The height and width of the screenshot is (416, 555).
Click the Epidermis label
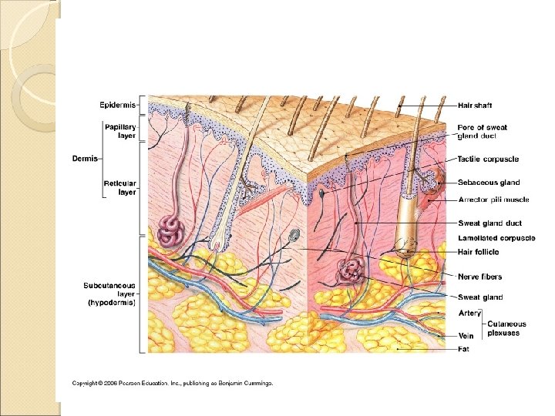(x=117, y=105)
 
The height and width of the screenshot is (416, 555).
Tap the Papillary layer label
(x=120, y=130)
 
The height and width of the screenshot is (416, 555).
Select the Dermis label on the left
(x=85, y=159)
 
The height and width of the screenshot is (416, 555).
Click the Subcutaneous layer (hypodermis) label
(x=109, y=294)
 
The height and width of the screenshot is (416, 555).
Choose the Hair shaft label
(x=475, y=105)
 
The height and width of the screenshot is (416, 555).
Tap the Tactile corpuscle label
(x=488, y=159)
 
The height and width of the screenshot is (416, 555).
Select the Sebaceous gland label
(x=489, y=183)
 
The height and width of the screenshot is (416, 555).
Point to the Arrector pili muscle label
(x=493, y=200)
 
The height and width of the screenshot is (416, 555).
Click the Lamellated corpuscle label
(x=496, y=238)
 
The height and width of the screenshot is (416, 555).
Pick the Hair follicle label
(x=478, y=252)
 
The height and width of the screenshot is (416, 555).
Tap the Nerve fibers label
(x=479, y=277)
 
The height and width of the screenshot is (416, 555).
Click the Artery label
(x=469, y=314)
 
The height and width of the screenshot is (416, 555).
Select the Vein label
(x=466, y=336)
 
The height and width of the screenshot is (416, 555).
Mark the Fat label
(x=464, y=349)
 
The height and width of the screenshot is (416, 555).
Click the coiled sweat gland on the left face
(x=170, y=229)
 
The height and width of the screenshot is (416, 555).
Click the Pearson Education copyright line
(x=173, y=383)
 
